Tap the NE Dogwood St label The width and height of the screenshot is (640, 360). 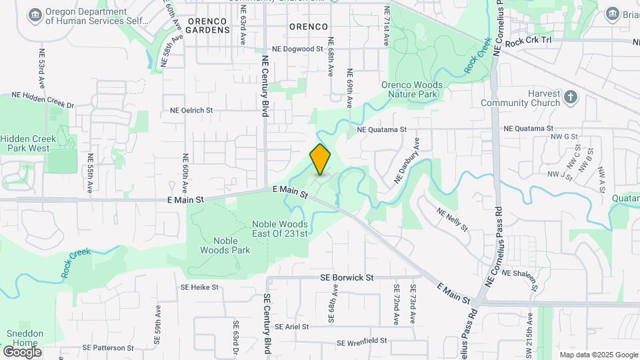297,49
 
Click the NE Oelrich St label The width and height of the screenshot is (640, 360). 191,111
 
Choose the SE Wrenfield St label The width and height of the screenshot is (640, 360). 362,342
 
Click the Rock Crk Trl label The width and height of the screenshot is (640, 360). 529,43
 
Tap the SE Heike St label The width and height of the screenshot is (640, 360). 199,287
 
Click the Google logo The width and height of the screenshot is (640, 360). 22,351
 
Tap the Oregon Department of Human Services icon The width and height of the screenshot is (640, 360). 35,14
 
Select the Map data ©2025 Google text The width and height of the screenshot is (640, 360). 598,355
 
